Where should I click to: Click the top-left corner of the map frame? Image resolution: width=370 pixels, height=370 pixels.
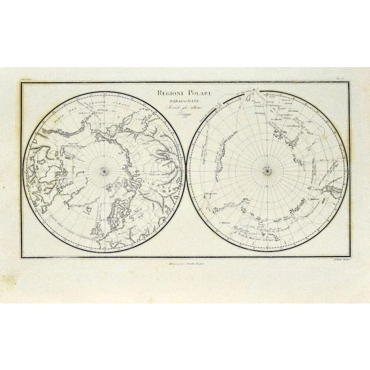pyautogui.click(x=21, y=83)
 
